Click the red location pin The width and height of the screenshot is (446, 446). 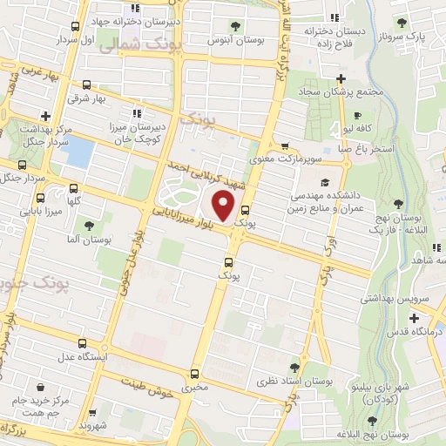click(225, 206)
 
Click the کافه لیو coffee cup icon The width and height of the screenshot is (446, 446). click(358, 113)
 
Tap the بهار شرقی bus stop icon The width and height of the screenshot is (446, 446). click(86, 84)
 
